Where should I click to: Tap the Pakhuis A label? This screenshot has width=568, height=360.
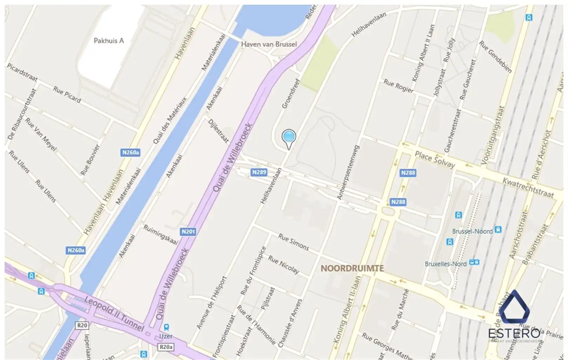click(109, 41)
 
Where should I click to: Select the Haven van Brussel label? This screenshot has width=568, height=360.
click(269, 44)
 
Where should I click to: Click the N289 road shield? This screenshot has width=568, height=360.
click(259, 172)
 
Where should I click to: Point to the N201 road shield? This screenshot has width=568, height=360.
click(188, 232)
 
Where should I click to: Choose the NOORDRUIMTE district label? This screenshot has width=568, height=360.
click(352, 268)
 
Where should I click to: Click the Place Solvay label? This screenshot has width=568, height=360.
click(434, 160)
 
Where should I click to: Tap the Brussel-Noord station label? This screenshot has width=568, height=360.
click(472, 231)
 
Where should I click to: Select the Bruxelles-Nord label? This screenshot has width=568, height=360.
click(445, 264)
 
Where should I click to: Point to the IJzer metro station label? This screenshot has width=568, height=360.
click(166, 336)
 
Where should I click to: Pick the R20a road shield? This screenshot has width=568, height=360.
click(166, 347)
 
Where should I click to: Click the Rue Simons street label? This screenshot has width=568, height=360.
click(293, 242)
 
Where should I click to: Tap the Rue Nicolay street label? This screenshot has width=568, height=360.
click(283, 265)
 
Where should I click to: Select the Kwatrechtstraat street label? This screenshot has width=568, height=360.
click(528, 188)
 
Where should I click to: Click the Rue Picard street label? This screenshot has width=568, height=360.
click(67, 94)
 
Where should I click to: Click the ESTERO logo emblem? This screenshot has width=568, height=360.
click(514, 307)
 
